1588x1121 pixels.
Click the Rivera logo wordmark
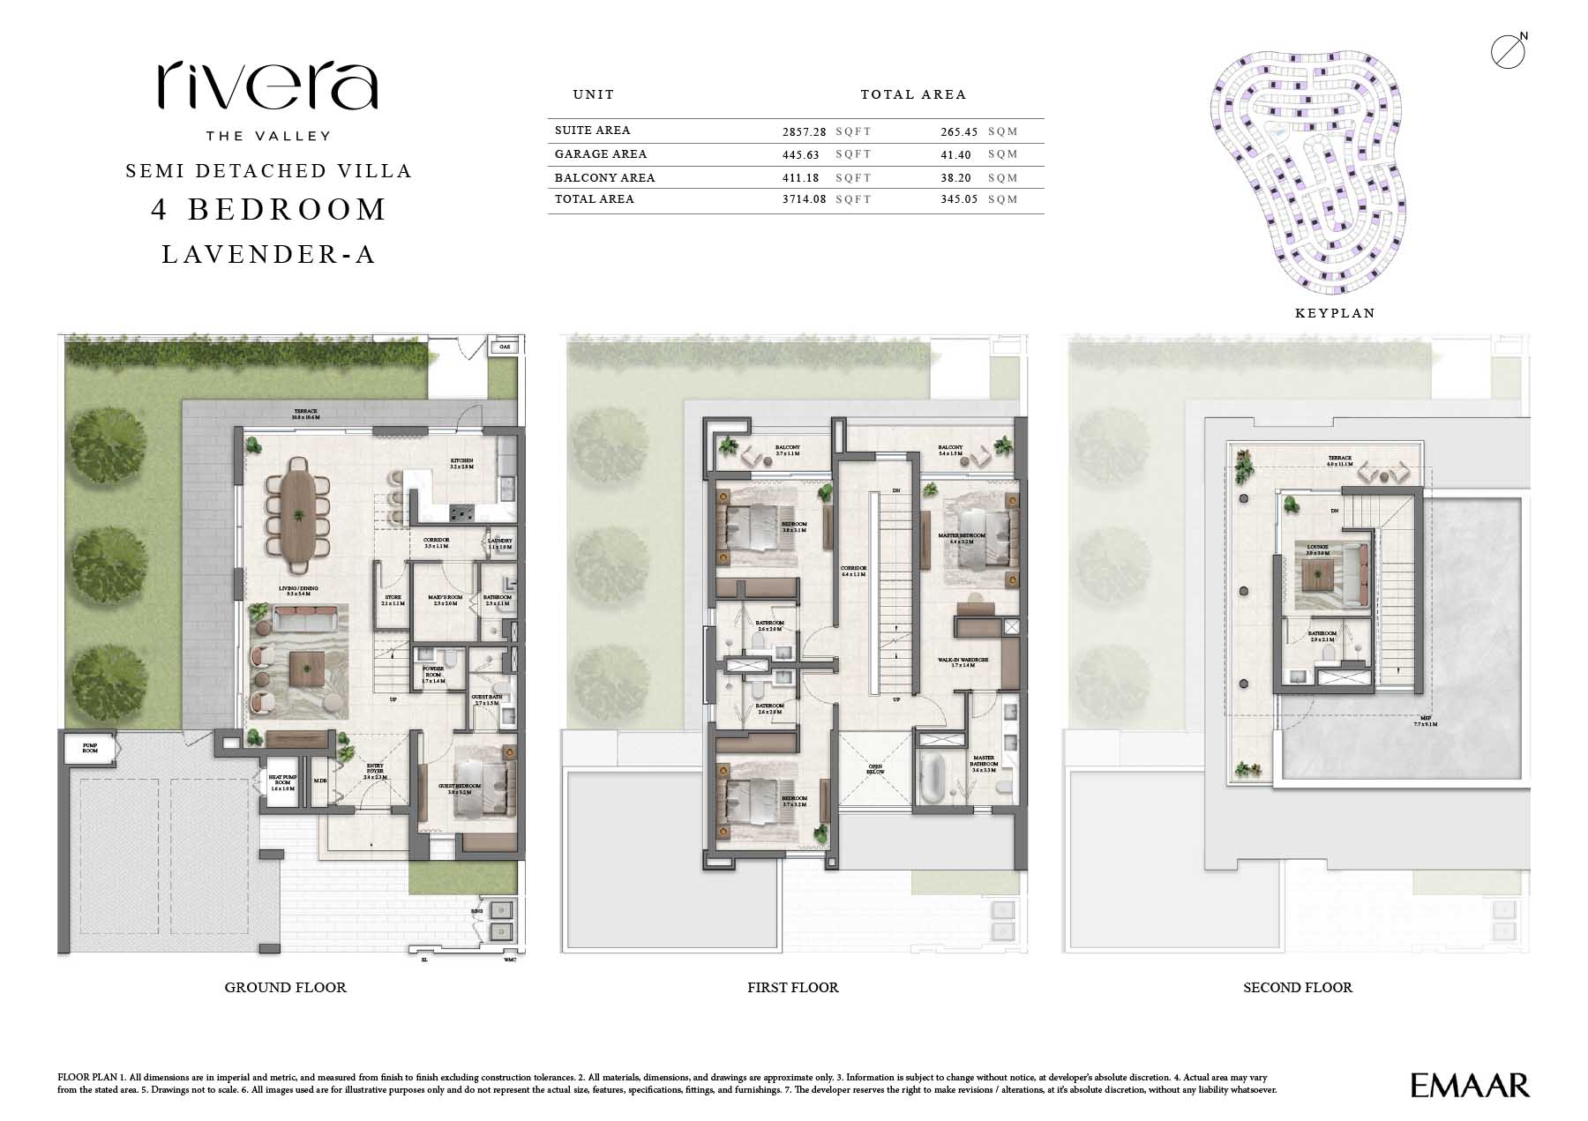click(268, 86)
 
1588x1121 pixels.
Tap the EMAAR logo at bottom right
click(1469, 1085)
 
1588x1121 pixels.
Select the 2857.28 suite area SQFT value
click(804, 131)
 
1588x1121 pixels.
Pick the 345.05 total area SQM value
click(960, 199)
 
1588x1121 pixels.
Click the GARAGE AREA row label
click(601, 154)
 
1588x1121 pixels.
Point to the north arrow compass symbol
click(1508, 51)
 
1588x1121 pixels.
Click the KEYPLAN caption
click(1335, 313)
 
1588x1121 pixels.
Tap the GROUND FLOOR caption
click(285, 988)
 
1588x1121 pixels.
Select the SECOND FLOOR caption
click(1297, 988)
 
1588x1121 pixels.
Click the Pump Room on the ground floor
click(90, 748)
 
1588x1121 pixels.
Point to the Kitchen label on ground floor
click(461, 461)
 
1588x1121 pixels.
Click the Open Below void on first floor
click(875, 769)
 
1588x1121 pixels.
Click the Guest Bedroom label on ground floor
click(460, 786)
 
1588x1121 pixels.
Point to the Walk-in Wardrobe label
click(969, 660)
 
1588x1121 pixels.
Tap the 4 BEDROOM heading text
click(269, 210)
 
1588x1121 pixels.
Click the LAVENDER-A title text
click(269, 255)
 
